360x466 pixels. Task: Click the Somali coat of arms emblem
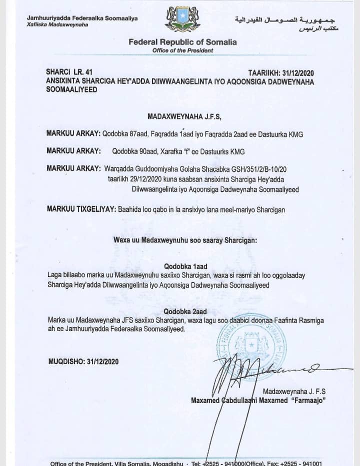pyautogui.click(x=182, y=19)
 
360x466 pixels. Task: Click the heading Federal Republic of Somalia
pyautogui.click(x=182, y=42)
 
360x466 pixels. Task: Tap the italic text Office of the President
pyautogui.click(x=182, y=51)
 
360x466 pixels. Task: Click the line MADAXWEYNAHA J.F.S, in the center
pyautogui.click(x=183, y=117)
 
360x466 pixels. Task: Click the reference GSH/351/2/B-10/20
pyautogui.click(x=277, y=168)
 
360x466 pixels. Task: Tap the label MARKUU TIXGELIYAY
pyautogui.click(x=80, y=210)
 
